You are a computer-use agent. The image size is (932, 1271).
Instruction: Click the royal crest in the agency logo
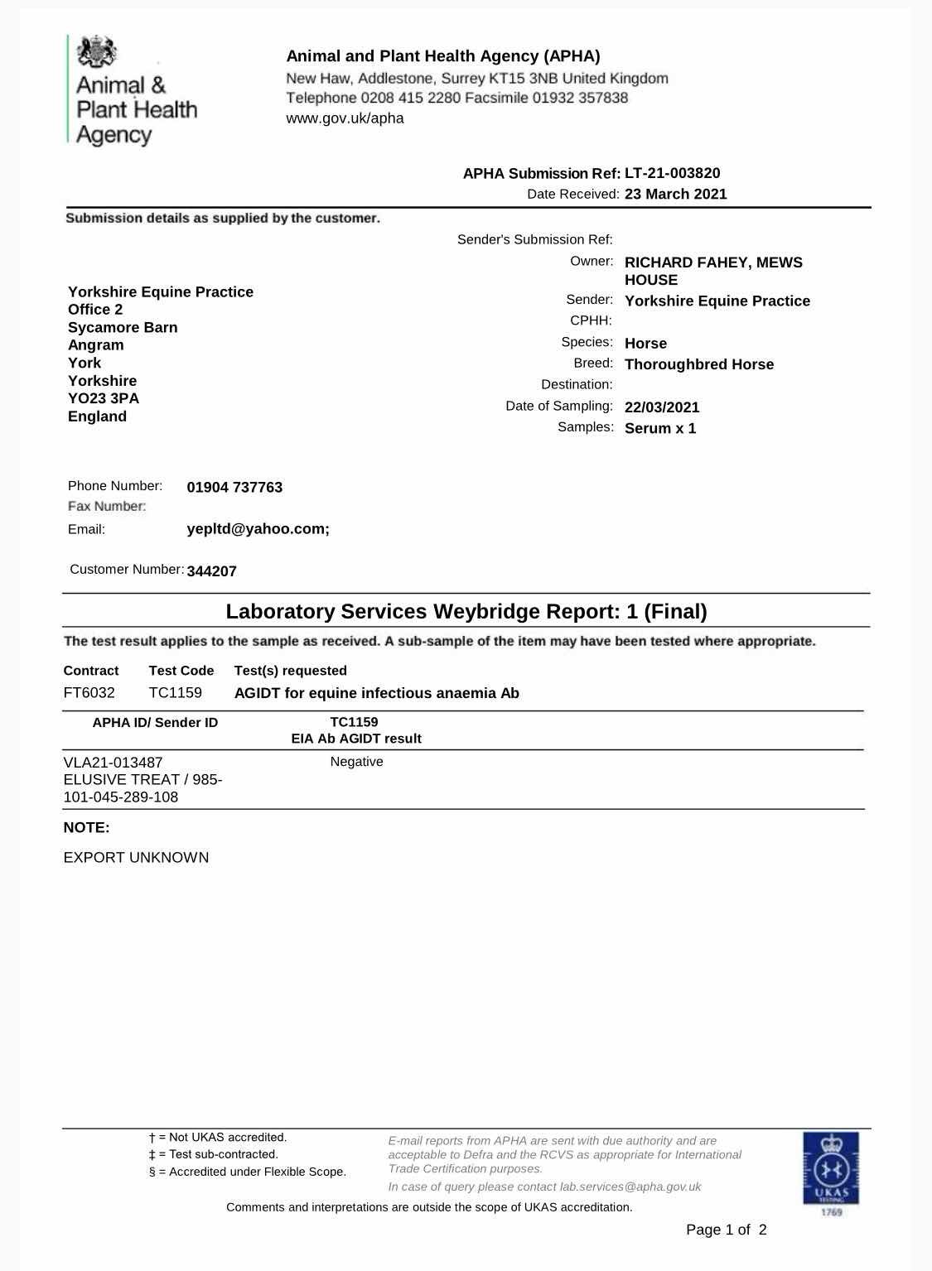click(96, 52)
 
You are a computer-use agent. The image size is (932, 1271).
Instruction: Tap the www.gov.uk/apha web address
click(345, 118)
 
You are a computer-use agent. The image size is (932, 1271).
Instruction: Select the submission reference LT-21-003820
click(672, 173)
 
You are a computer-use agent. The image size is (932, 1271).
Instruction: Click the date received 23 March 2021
click(675, 194)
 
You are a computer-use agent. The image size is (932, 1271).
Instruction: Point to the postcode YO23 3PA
click(104, 398)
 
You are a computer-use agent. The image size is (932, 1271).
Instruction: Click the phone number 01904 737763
click(234, 488)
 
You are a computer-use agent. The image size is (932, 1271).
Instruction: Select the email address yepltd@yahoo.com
click(258, 529)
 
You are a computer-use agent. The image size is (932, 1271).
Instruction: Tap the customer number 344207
click(212, 571)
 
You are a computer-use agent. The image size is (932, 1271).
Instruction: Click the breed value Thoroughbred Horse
click(698, 364)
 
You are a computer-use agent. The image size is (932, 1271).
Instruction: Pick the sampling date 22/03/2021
click(662, 407)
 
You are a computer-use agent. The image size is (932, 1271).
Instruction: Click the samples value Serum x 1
click(659, 428)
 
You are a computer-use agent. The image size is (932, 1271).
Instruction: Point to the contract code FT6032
click(89, 693)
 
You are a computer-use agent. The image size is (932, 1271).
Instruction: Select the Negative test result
click(356, 762)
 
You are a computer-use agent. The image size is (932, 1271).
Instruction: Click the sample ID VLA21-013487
click(113, 762)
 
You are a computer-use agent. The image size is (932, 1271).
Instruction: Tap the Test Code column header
click(181, 671)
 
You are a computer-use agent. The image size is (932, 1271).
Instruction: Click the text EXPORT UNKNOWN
click(136, 858)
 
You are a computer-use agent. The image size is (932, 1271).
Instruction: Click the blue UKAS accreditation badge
click(830, 1169)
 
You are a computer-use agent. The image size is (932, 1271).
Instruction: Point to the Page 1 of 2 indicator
click(726, 1230)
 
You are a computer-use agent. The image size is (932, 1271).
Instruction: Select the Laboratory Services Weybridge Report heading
click(466, 612)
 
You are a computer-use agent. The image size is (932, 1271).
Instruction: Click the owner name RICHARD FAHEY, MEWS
click(713, 262)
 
